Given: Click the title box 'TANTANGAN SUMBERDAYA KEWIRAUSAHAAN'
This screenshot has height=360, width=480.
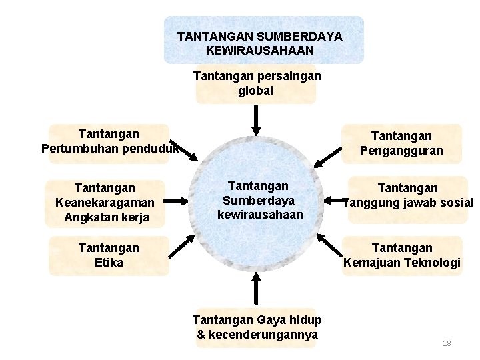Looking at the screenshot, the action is click(x=264, y=40).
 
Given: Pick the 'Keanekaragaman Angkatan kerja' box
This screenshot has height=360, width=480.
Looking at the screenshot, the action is click(x=105, y=203).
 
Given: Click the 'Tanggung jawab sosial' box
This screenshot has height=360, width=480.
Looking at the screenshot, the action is click(x=407, y=197).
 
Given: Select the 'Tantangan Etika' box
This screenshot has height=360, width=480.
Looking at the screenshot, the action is click(x=108, y=255).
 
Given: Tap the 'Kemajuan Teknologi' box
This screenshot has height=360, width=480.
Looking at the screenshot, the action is click(x=401, y=255).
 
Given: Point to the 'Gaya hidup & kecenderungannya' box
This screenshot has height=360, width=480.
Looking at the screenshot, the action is click(x=257, y=327).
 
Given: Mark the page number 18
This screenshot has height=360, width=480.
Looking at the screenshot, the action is click(x=447, y=343).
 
